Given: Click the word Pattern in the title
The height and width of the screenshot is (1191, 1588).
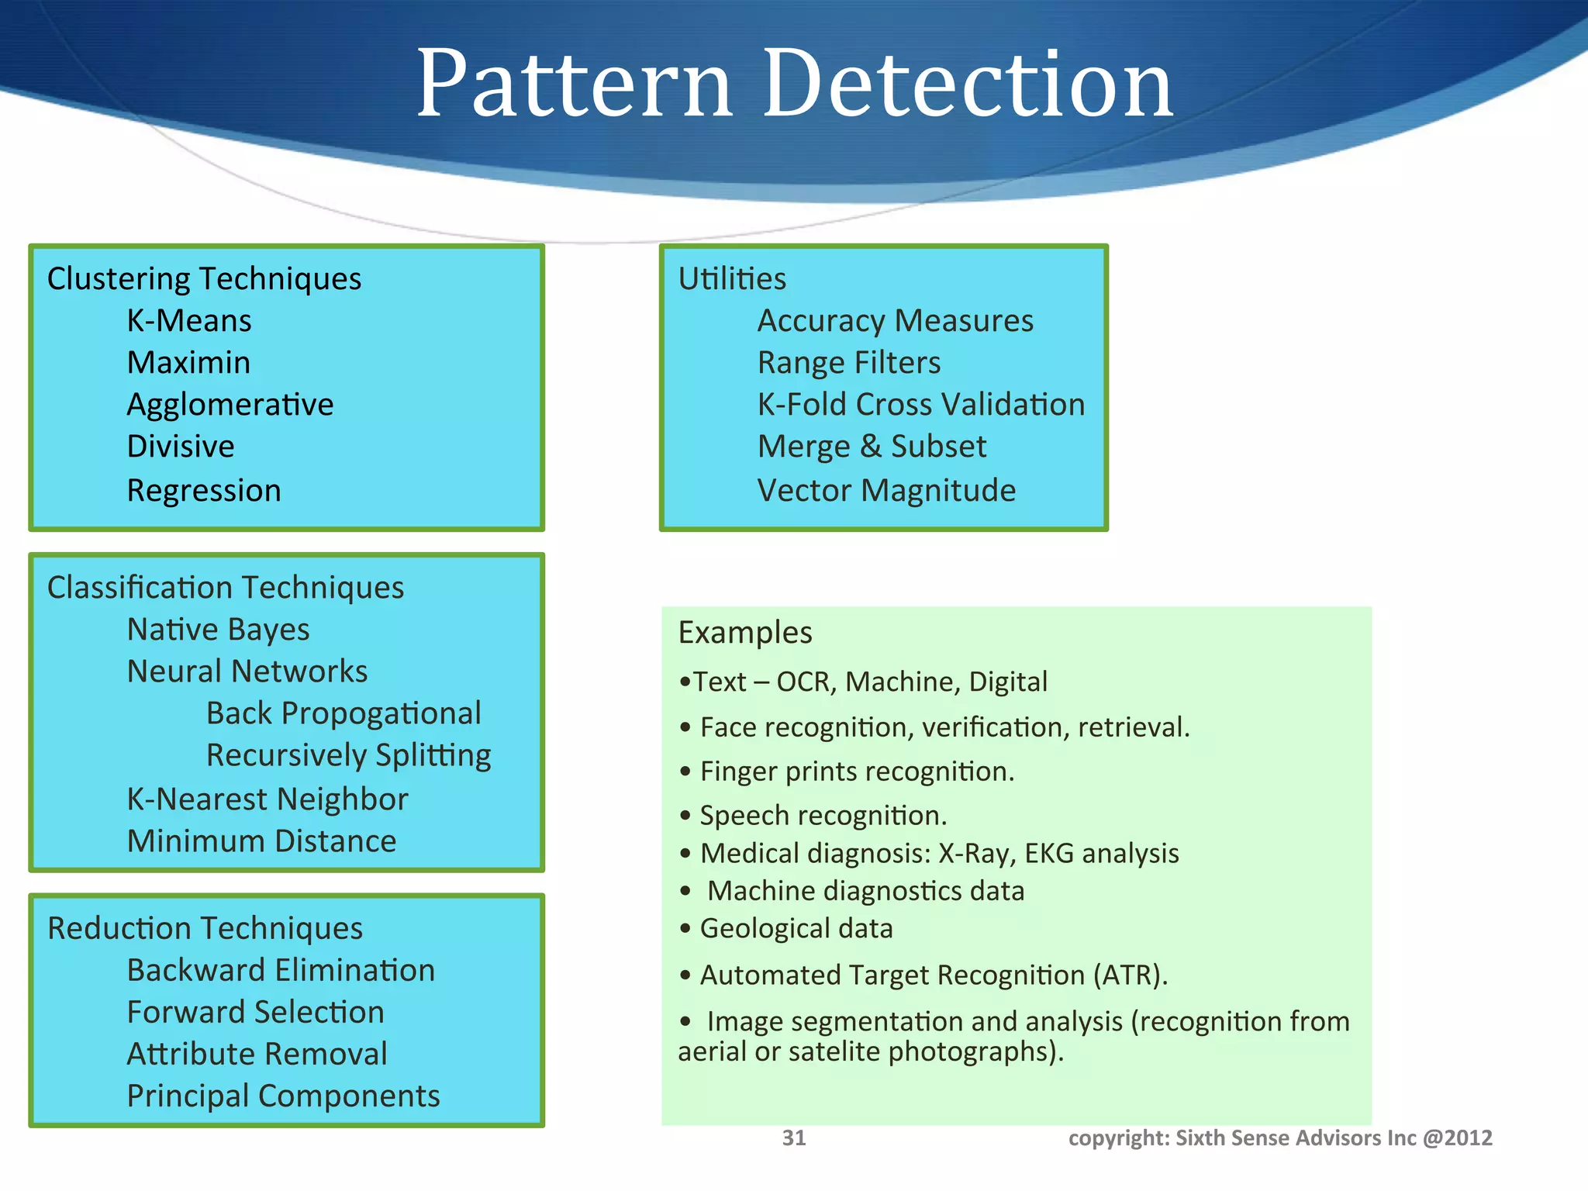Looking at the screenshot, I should pos(574,84).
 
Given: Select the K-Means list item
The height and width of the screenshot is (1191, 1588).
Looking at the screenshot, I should pos(189,321).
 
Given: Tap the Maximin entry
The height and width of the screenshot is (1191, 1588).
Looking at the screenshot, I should pos(188,363).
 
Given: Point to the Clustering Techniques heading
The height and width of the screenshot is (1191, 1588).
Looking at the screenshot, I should pos(204,279).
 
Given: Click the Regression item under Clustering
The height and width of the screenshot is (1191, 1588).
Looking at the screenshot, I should pos(204,491).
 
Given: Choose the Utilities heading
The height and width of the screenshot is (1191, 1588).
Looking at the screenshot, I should pos(732,279).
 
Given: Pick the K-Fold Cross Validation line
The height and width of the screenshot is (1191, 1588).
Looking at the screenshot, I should pos(920,405).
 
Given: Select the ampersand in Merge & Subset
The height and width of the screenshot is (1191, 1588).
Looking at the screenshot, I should pos(871,447).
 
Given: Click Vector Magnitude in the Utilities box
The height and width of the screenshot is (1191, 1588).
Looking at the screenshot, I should pos(886,491).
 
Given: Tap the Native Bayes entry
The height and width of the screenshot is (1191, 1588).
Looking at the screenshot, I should pos(218,630).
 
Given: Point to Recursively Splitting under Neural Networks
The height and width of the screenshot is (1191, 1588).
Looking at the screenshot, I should pos(348,756).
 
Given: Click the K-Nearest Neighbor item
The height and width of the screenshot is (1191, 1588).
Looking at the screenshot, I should pos(268,799).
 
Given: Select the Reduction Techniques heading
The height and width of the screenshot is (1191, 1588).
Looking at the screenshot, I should pos(205,929).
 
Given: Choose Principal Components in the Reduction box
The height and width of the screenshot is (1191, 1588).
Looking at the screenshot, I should pos(283,1096).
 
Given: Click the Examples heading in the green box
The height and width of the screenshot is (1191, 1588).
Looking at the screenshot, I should pos(745,633).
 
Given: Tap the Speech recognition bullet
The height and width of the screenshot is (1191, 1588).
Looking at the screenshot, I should pos(822,816).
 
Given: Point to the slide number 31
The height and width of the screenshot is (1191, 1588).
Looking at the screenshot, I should pos(794,1137).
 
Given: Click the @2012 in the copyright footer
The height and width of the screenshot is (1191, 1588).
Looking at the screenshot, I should pos(1458,1137).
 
